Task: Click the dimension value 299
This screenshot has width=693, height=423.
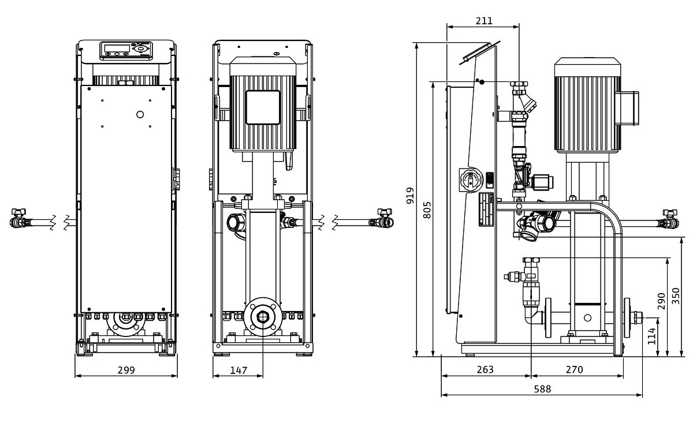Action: pos(126,370)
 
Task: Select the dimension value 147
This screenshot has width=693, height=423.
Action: pos(238,370)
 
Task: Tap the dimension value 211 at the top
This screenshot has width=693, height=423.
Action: pos(484,21)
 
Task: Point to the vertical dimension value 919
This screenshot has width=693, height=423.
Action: pos(410,196)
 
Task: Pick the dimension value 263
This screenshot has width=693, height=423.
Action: pos(486,369)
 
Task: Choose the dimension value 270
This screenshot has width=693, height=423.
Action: pos(575,369)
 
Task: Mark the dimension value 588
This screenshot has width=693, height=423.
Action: pos(542,389)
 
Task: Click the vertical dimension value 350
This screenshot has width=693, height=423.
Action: pos(676,296)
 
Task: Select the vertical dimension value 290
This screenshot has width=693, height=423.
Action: pos(661,300)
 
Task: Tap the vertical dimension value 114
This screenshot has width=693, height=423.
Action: pos(652,336)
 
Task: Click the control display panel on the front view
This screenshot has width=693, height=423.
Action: pos(126,51)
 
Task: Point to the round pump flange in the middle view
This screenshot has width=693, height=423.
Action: pos(263,317)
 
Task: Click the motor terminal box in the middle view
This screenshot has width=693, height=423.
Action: pos(263,107)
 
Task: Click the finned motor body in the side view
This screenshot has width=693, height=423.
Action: pos(587,110)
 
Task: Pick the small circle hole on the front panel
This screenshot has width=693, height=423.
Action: pos(140,114)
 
